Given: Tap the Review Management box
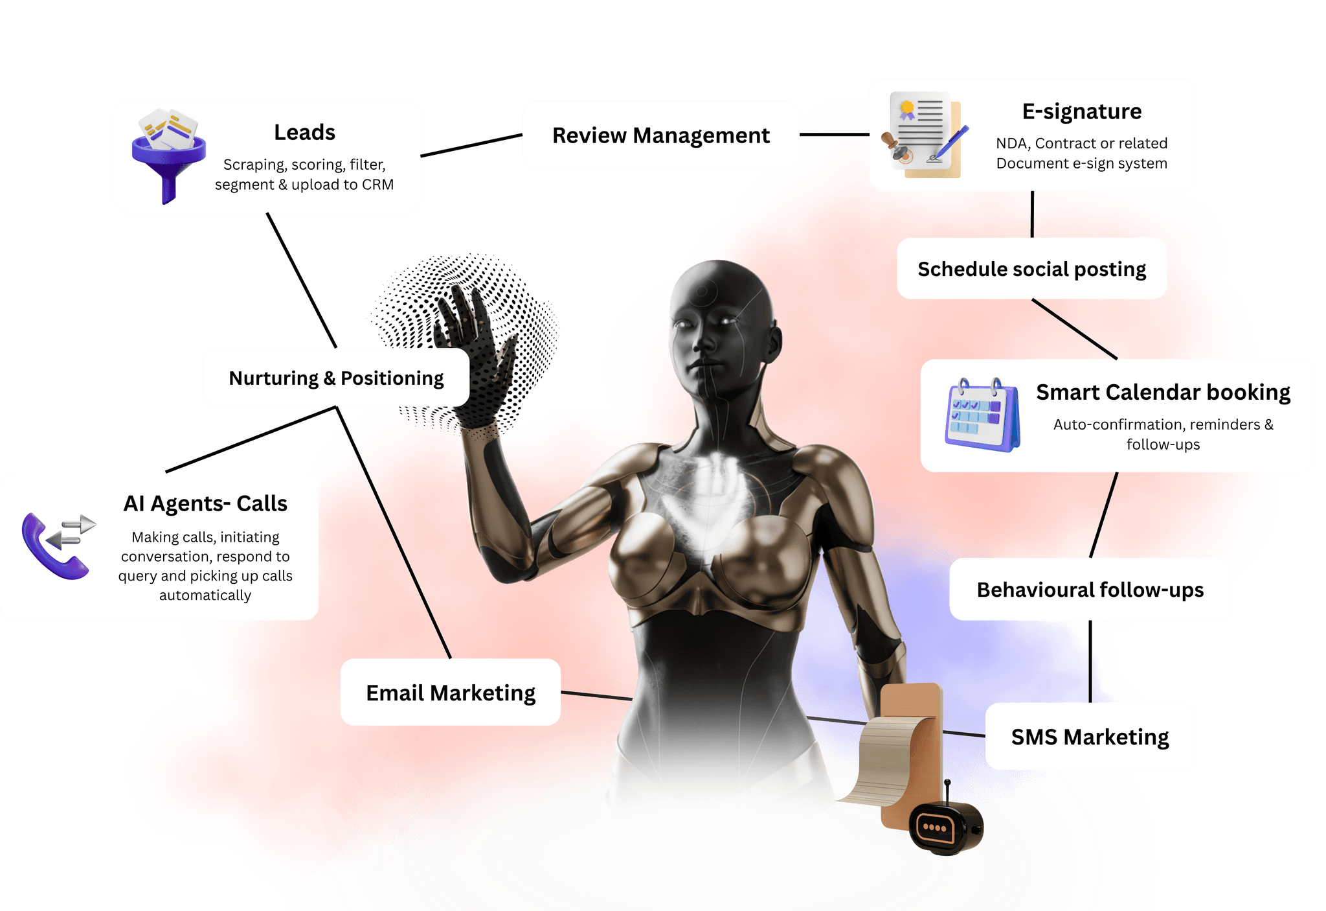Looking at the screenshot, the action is (x=661, y=135).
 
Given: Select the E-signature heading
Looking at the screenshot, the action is (x=1081, y=111).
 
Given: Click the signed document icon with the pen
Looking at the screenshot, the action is (x=924, y=135).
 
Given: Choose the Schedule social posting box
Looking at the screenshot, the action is (x=1031, y=268).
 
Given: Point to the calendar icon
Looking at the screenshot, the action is (x=982, y=415).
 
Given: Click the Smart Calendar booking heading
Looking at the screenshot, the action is (x=1163, y=392).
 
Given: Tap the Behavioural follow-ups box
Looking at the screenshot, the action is (x=1090, y=590).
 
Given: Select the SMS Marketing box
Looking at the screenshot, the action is (x=1090, y=737).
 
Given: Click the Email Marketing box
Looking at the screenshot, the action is (x=451, y=692).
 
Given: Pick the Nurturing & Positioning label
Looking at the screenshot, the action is (x=336, y=378).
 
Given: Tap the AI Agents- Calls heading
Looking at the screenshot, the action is (x=205, y=503).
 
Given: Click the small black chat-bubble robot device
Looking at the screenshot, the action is (x=946, y=823).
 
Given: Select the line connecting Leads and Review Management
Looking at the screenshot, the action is (x=471, y=145).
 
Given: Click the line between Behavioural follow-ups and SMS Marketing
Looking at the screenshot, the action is (x=1090, y=662).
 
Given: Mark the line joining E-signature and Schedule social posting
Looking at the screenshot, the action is (x=1032, y=214).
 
